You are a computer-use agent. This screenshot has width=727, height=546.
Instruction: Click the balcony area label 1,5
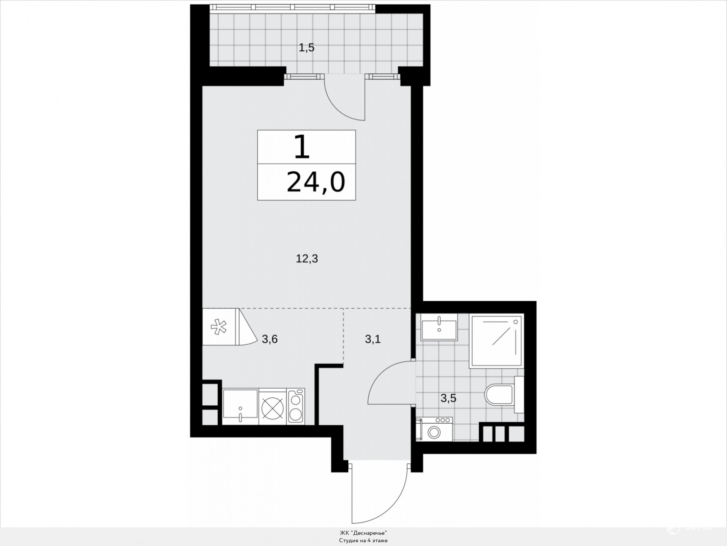(x=307, y=48)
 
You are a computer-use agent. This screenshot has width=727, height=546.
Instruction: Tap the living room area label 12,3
(x=307, y=259)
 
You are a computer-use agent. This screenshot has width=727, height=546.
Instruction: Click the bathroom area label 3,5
(x=448, y=399)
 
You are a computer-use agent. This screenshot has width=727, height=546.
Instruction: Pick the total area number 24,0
(x=316, y=182)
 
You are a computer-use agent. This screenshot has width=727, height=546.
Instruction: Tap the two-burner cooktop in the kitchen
(x=296, y=406)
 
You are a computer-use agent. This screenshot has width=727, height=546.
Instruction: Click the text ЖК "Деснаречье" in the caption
(x=363, y=533)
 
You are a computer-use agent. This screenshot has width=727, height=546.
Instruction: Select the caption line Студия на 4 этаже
(x=363, y=540)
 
